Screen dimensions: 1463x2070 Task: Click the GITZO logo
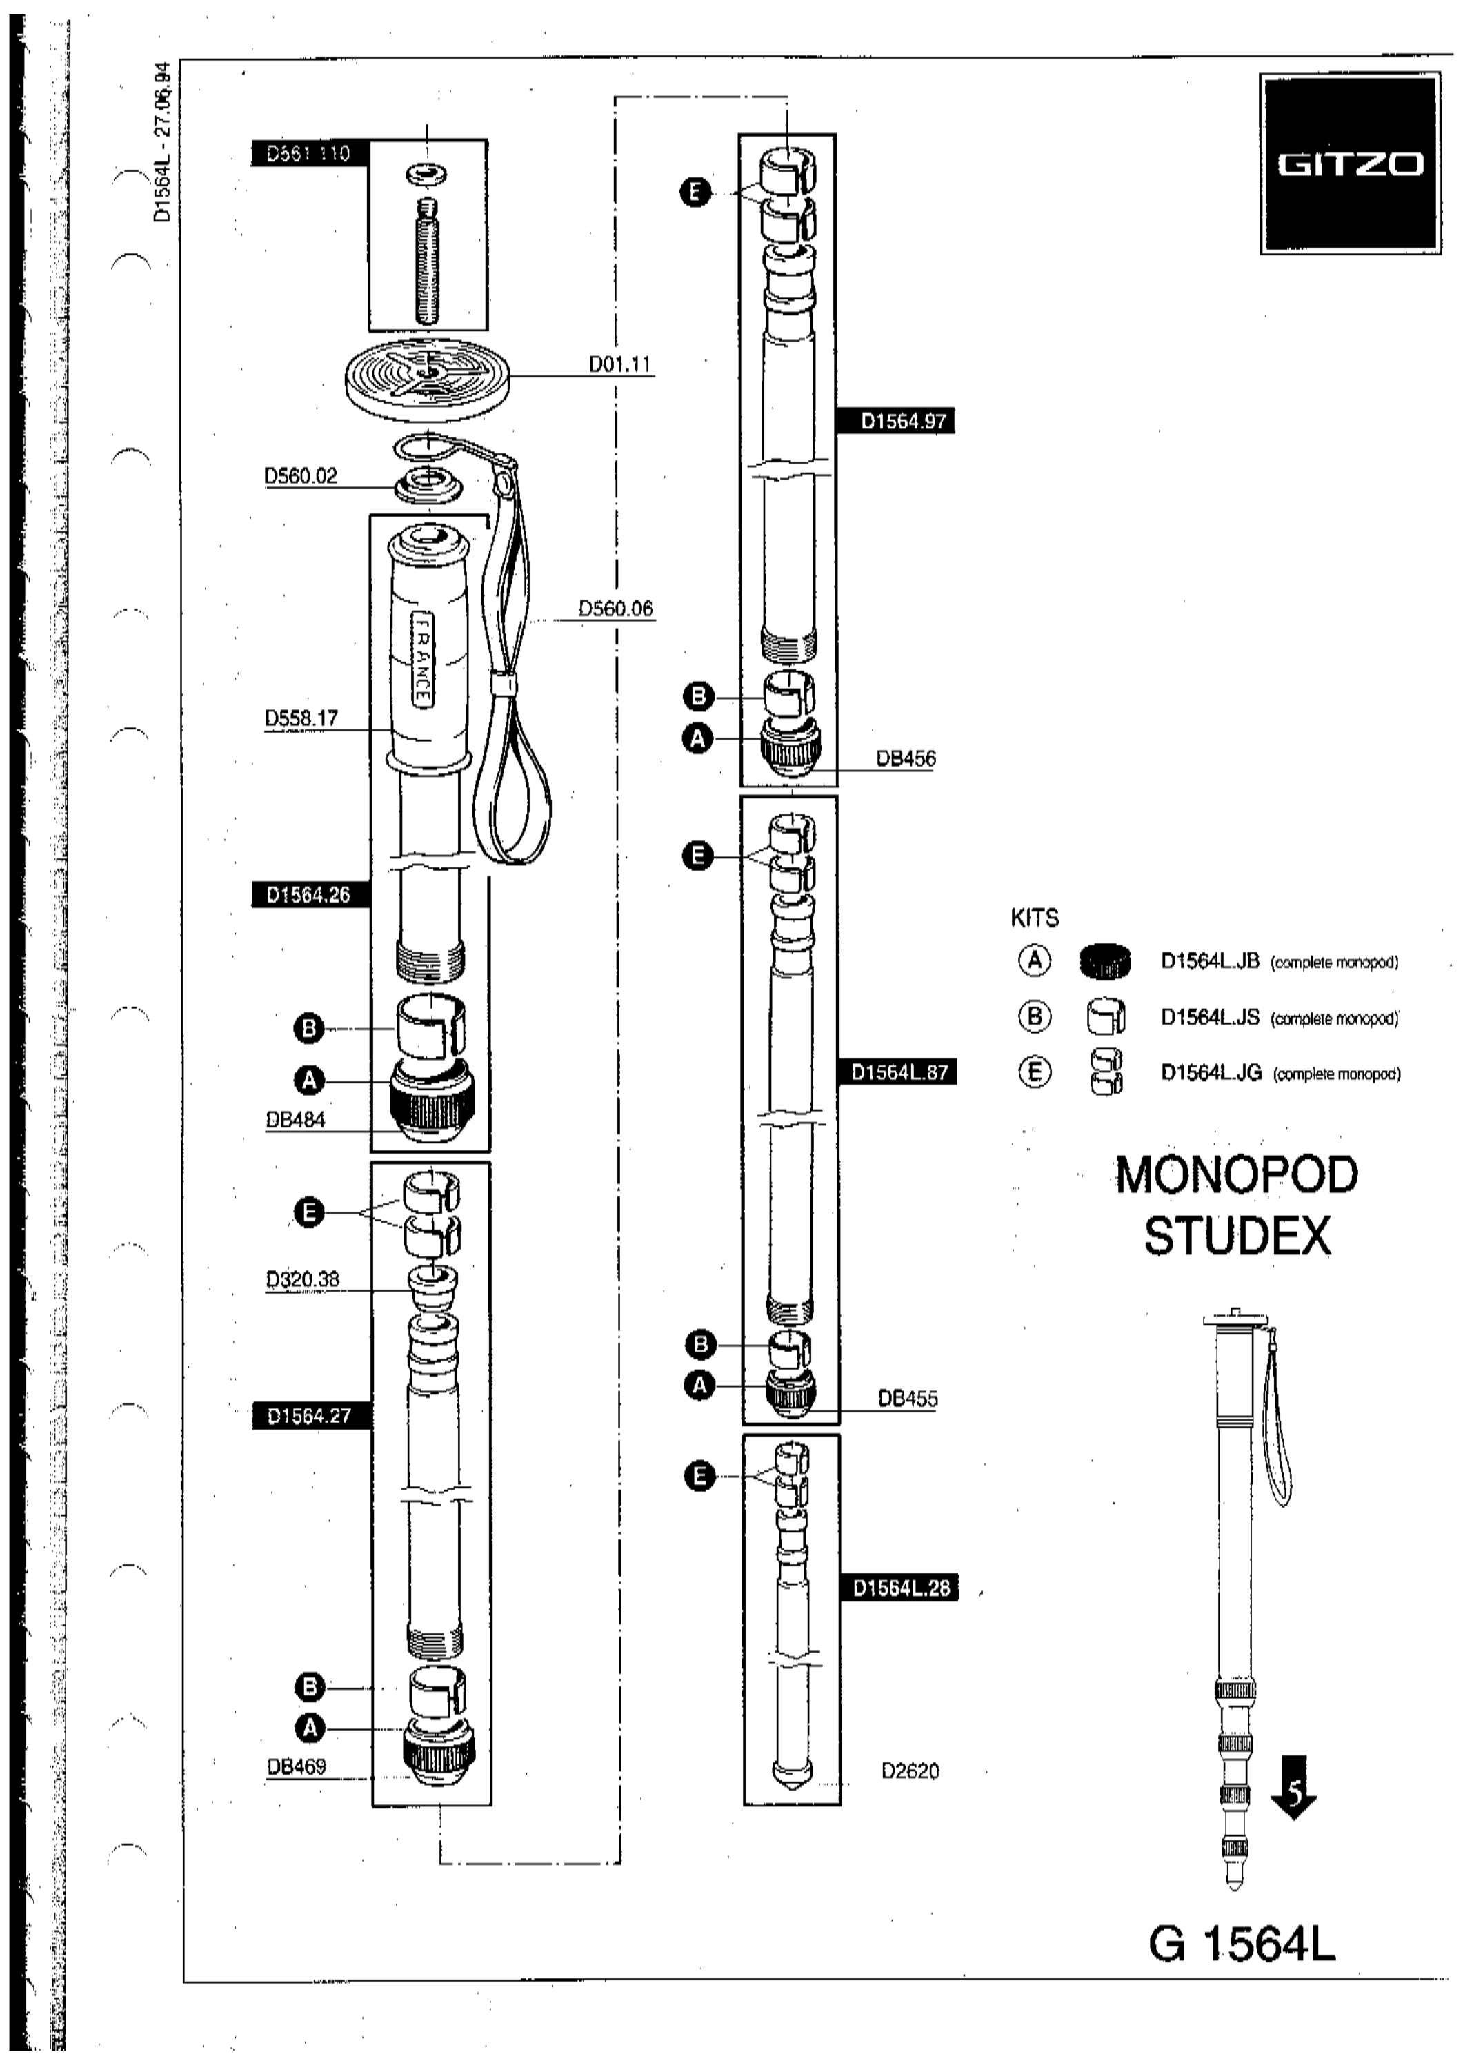[x=1348, y=164]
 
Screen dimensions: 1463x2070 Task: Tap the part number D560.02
[x=300, y=475]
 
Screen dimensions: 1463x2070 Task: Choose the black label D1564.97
[x=896, y=421]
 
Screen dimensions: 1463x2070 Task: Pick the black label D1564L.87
[x=898, y=1073]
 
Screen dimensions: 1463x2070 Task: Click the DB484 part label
[x=296, y=1120]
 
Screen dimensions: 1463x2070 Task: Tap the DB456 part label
[x=907, y=758]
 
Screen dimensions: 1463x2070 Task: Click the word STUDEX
[x=1237, y=1237]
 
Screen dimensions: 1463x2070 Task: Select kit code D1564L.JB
[x=1210, y=961]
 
